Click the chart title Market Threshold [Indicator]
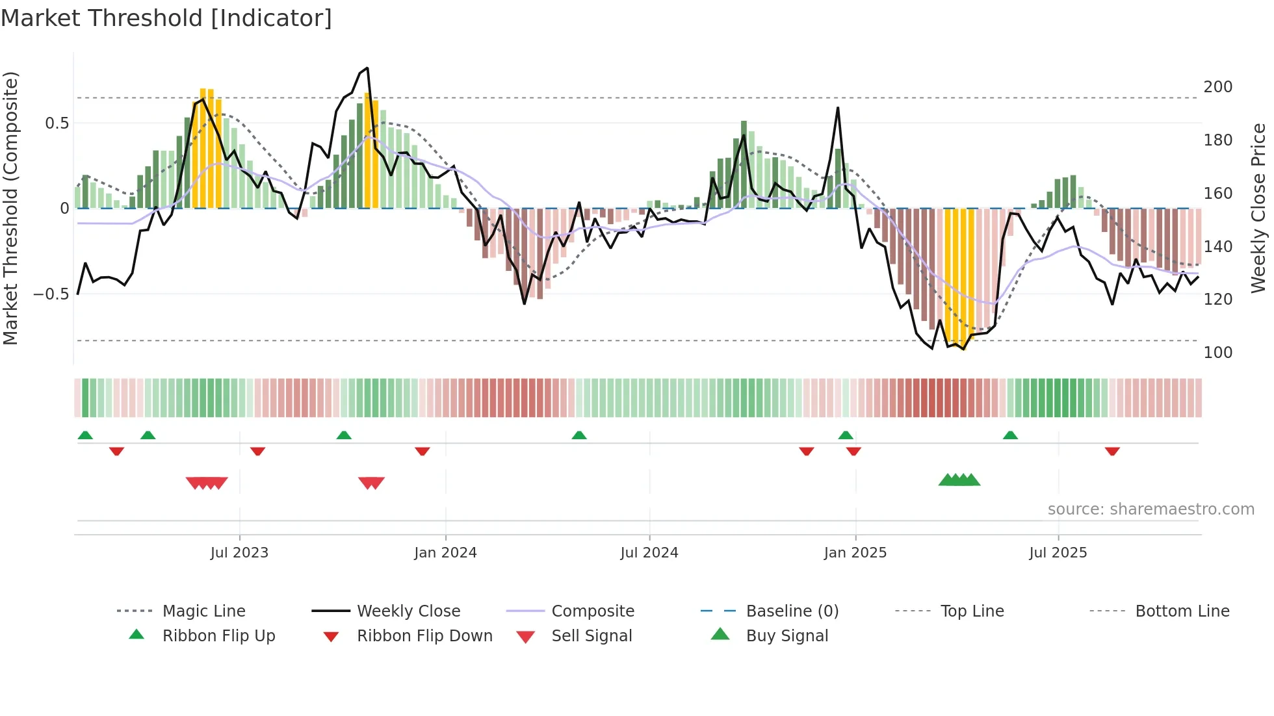166,18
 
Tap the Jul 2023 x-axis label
239,553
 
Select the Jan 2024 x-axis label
445,553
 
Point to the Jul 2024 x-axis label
649,553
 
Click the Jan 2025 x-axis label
855,553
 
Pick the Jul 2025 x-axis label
1058,553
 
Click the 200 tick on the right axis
1217,87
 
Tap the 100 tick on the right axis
1217,353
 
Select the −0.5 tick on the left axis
51,294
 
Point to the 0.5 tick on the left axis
57,123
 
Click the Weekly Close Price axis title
1258,208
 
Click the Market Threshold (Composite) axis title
10,208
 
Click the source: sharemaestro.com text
1150,509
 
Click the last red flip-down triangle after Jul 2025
1112,451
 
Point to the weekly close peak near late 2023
367,68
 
